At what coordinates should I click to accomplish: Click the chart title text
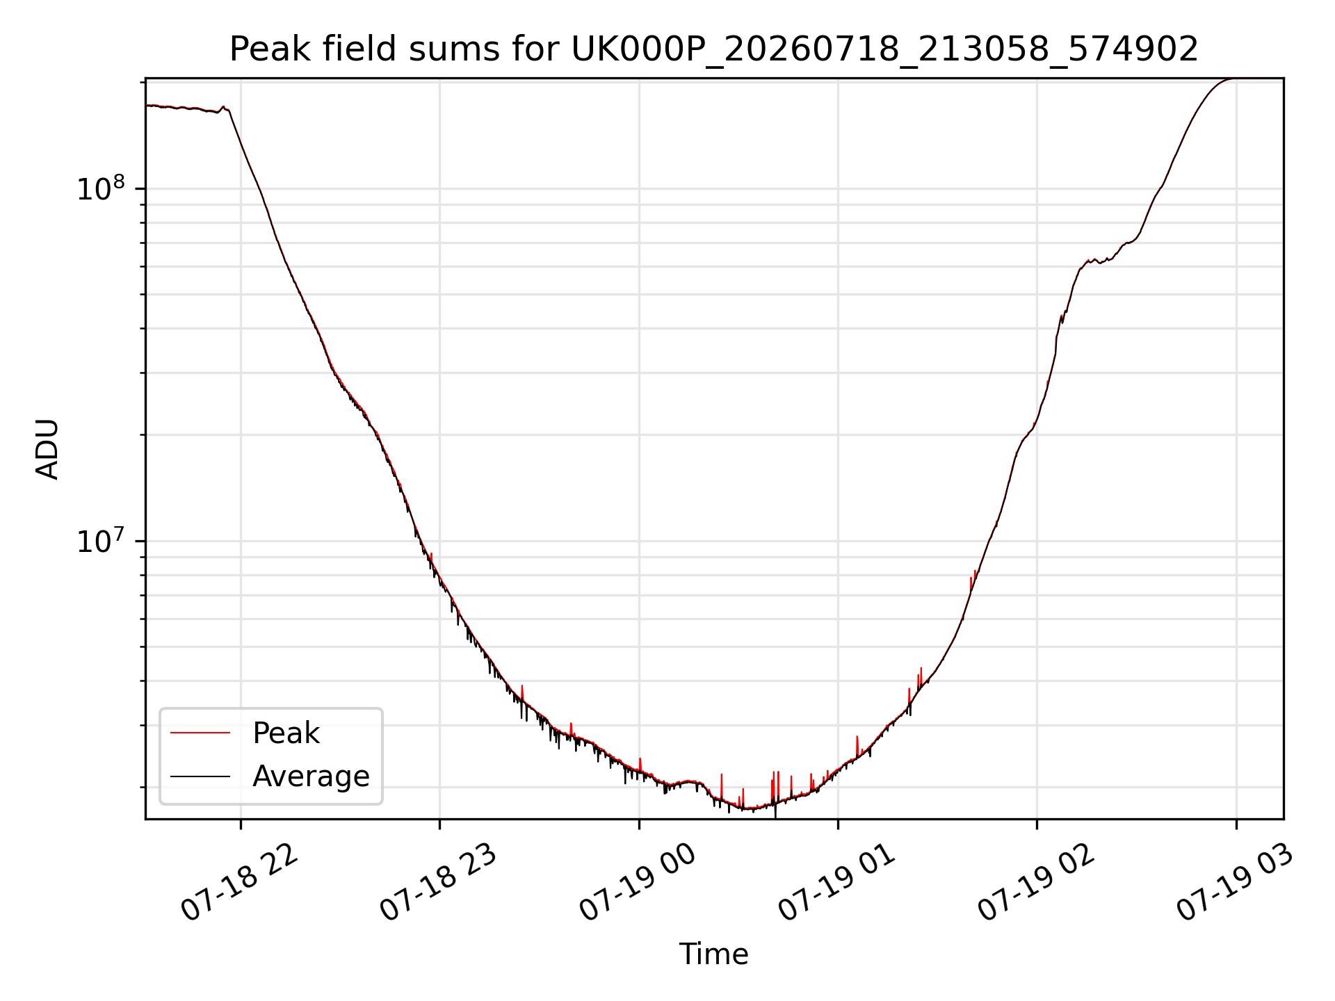(x=714, y=49)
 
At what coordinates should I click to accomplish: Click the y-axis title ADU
(x=47, y=449)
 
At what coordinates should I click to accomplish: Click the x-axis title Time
(x=714, y=954)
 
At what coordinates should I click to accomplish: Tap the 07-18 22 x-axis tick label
(x=240, y=883)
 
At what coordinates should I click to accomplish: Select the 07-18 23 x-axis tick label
(x=439, y=883)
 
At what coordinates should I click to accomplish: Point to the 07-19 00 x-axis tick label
(x=638, y=883)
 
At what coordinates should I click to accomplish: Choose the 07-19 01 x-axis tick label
(x=837, y=883)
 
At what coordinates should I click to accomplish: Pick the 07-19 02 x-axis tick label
(x=1037, y=883)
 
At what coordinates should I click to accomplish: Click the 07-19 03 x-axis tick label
(x=1236, y=883)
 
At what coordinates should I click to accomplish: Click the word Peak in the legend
(x=286, y=733)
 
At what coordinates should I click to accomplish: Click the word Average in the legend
(x=311, y=776)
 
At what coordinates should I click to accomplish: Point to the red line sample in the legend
(x=200, y=733)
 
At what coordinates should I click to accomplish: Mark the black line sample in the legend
(x=200, y=776)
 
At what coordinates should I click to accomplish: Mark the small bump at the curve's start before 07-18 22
(x=223, y=108)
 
